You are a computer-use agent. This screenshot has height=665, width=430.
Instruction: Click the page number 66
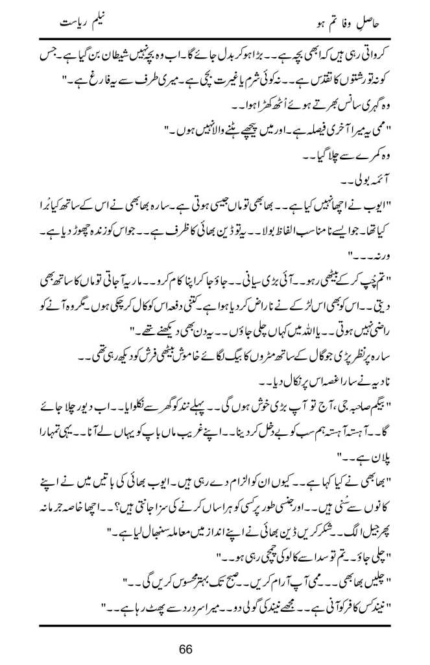[215, 649]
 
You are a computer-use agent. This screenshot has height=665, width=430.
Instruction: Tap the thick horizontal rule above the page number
[215, 624]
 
